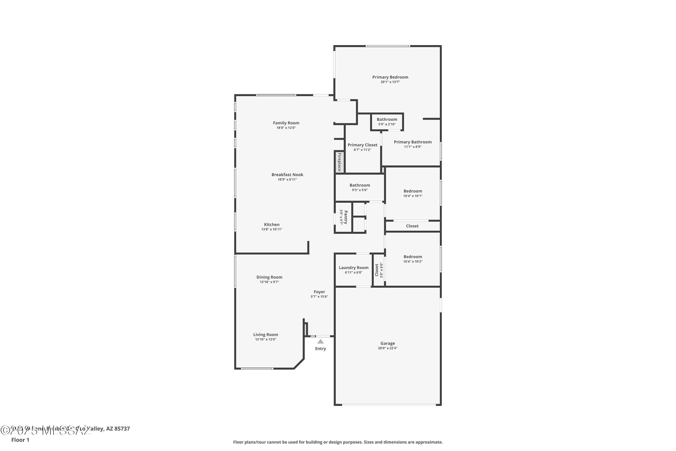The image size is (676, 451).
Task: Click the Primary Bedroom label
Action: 390,77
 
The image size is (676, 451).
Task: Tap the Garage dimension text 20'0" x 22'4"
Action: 387,348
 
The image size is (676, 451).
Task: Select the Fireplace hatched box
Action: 339,162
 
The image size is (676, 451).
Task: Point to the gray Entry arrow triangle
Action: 320,341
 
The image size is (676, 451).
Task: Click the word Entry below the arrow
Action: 320,349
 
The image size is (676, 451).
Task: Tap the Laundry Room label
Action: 354,267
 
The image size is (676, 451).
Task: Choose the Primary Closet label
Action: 362,145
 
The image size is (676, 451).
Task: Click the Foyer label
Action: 319,292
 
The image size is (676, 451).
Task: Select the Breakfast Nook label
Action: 287,175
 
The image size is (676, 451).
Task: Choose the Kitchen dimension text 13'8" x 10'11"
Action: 272,229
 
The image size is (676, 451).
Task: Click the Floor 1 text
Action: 20,440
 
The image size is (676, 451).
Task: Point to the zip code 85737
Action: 122,429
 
